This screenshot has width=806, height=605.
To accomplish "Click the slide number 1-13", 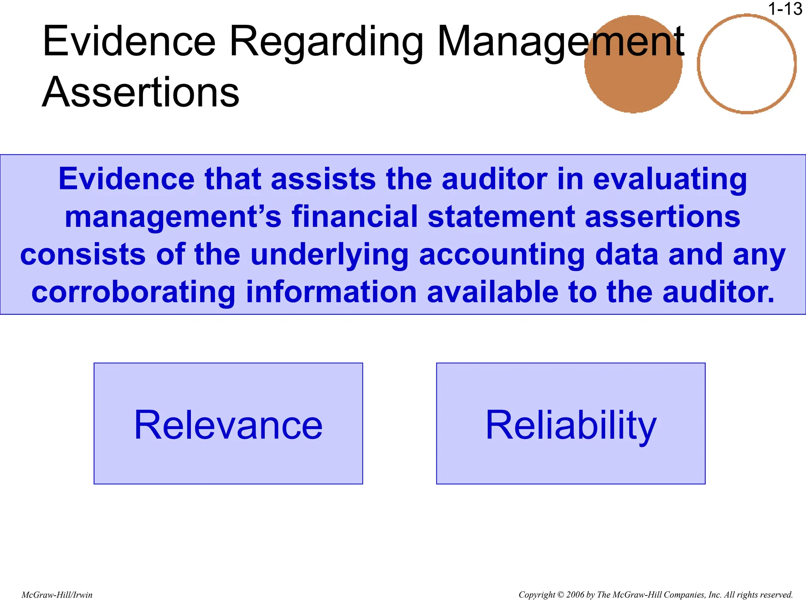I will click(x=785, y=9).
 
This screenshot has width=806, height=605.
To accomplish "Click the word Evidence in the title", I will click(x=129, y=41).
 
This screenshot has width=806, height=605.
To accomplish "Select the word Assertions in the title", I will click(x=140, y=92).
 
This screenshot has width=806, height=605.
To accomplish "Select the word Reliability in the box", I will click(x=571, y=425).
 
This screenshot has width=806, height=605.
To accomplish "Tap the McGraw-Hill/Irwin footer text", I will click(x=57, y=595).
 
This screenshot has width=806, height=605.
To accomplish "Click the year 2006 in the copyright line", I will click(x=575, y=595).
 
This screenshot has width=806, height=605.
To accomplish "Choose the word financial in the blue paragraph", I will click(x=354, y=217).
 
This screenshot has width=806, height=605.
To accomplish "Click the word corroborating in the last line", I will click(x=133, y=293).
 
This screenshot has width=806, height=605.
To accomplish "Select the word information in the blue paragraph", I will click(x=331, y=292).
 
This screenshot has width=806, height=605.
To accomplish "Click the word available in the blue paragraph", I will click(x=492, y=292).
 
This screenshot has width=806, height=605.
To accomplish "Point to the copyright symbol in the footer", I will click(x=561, y=595).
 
